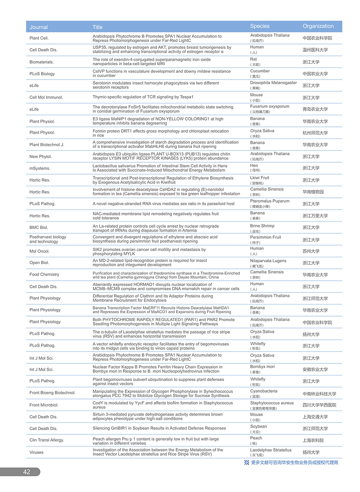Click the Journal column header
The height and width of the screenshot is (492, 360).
coord(39,27)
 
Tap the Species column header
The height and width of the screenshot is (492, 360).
coord(260,26)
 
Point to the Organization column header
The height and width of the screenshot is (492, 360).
coord(318,26)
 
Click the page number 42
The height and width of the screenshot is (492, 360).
coord(27,472)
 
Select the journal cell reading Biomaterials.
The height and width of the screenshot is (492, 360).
coord(42,62)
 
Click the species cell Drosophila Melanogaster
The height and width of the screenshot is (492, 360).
coord(273,83)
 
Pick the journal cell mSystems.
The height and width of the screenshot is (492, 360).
coord(40,168)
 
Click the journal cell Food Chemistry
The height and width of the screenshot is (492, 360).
coord(44,274)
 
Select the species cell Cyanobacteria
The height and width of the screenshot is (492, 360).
coord(264,391)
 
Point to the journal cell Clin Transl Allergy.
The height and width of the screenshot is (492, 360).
coord(47,440)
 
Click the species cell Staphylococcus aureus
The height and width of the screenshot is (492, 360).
coord(272,403)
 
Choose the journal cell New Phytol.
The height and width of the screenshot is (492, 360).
coord(41,157)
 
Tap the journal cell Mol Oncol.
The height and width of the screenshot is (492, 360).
coord(40,251)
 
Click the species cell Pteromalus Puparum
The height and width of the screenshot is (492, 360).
coord(270,201)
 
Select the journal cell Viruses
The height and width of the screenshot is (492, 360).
coord(36,452)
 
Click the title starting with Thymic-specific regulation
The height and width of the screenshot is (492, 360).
coord(143,97)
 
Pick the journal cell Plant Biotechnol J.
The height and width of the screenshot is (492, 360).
coord(47,145)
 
